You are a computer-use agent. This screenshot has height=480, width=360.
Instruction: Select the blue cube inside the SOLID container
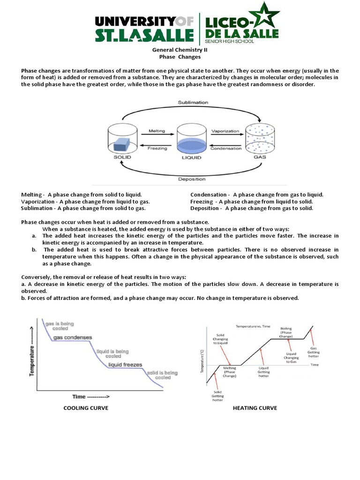coord(123,143)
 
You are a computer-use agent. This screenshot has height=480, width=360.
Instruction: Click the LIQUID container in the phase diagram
coord(191,141)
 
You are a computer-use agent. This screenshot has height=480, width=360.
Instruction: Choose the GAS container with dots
coord(259,139)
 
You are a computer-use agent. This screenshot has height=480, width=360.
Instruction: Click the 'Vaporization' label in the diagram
coord(225,131)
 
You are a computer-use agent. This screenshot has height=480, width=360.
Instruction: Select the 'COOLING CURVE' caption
coord(86,408)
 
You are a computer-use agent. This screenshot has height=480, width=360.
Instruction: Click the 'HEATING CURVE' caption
coord(255,408)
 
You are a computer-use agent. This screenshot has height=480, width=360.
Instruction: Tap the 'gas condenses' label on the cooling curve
coord(73,337)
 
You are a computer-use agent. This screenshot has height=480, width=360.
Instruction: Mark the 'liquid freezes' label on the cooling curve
coord(125,364)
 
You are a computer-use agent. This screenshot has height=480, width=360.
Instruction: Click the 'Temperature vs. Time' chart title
coord(253,325)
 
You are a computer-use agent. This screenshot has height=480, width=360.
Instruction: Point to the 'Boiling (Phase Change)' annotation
coord(285,332)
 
